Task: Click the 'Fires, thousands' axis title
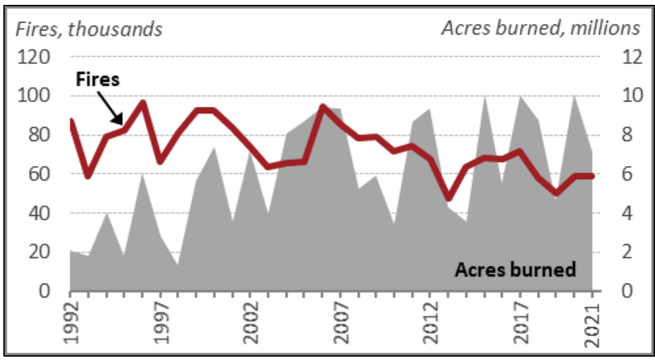tap(89, 29)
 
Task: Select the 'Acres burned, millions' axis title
tap(541, 28)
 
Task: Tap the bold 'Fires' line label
tap(98, 79)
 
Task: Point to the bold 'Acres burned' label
tap(516, 270)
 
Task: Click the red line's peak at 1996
tap(143, 102)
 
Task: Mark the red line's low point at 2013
tap(449, 198)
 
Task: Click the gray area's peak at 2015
tap(484, 96)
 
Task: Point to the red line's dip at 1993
tap(88, 176)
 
